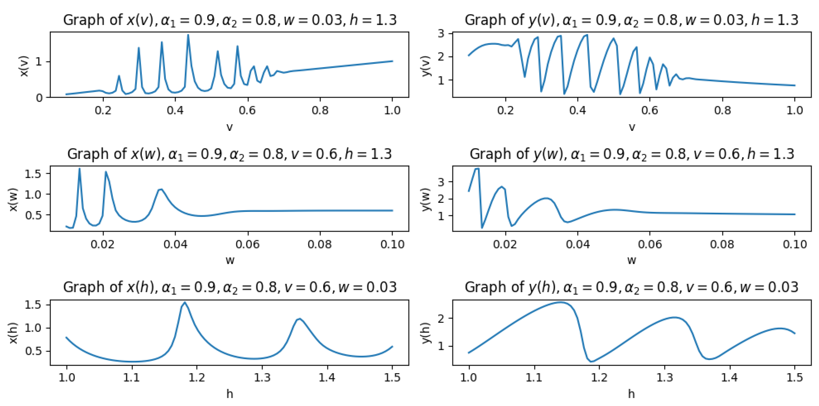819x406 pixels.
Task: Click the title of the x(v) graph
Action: tap(229, 20)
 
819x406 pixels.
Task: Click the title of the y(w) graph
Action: tap(632, 154)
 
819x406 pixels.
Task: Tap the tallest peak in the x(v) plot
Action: tap(188, 35)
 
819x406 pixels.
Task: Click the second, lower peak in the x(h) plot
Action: tap(299, 319)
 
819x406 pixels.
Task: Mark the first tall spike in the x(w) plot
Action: tap(79, 169)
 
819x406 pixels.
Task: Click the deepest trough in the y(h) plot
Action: tap(591, 362)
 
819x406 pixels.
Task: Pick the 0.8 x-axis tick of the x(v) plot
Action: tap(320, 110)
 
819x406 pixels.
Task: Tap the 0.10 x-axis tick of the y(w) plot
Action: tap(795, 244)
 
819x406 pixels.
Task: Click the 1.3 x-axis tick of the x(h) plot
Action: tap(262, 378)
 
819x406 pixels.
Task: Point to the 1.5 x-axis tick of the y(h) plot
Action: tap(795, 378)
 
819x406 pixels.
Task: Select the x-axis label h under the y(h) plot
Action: tap(631, 394)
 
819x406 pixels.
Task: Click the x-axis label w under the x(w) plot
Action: tap(229, 261)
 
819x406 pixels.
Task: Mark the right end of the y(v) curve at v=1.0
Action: tap(795, 85)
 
